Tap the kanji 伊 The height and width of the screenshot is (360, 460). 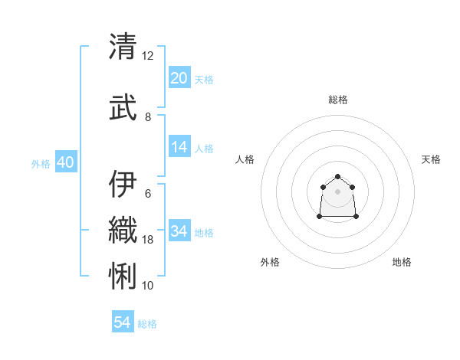pyautogui.click(x=123, y=183)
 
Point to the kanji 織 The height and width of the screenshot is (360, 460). pyautogui.click(x=123, y=229)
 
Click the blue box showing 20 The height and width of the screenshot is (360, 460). pyautogui.click(x=179, y=78)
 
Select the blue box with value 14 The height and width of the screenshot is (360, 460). pyautogui.click(x=179, y=148)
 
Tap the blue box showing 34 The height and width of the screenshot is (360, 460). pyautogui.click(x=179, y=231)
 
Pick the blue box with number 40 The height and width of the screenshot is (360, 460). pyautogui.click(x=65, y=162)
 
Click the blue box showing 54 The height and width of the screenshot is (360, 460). pyautogui.click(x=123, y=322)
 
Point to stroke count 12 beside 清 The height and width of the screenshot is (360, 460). pyautogui.click(x=147, y=56)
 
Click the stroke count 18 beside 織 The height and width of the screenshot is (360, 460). pyautogui.click(x=147, y=240)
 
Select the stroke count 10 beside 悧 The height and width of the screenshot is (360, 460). pyautogui.click(x=147, y=285)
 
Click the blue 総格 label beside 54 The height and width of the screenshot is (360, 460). pyautogui.click(x=147, y=324)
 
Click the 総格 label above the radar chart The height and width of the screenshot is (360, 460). pyautogui.click(x=337, y=100)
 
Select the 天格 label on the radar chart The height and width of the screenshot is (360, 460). pyautogui.click(x=431, y=159)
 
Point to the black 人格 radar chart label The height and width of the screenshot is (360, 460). pyautogui.click(x=245, y=159)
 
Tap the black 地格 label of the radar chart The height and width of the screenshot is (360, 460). pyautogui.click(x=402, y=262)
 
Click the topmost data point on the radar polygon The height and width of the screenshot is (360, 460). pyautogui.click(x=337, y=173)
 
